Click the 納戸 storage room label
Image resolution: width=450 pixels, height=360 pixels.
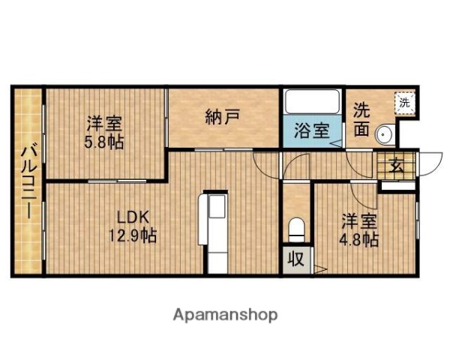click(223, 116)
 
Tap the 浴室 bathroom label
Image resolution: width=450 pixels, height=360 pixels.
click(310, 130)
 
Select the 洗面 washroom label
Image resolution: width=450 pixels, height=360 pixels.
click(361, 118)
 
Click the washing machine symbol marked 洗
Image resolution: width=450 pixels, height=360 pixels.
click(404, 102)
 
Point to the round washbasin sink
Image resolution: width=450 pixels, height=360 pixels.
click(385, 134)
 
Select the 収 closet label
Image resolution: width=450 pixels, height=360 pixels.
click(296, 261)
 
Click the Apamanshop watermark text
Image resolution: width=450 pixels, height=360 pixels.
click(225, 313)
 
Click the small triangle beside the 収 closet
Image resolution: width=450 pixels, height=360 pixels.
click(319, 268)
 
